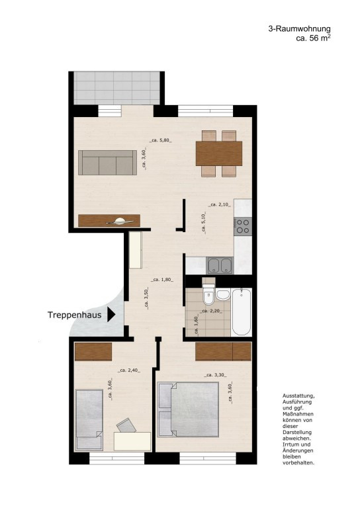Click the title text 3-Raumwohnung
pyautogui.click(x=299, y=28)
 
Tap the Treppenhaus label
pyautogui.click(x=74, y=316)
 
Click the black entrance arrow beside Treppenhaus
pyautogui.click(x=112, y=316)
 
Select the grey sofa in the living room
pyautogui.click(x=107, y=161)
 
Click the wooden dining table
pyautogui.click(x=218, y=153)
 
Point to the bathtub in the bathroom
pyautogui.click(x=242, y=312)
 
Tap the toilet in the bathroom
pyautogui.click(x=208, y=295)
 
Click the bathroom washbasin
pyautogui.click(x=224, y=293)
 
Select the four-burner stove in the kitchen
pyautogui.click(x=243, y=226)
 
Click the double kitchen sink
pyautogui.click(x=220, y=266)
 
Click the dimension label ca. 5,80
pyautogui.click(x=161, y=140)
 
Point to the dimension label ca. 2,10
pyautogui.click(x=218, y=205)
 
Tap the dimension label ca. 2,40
pyautogui.click(x=129, y=370)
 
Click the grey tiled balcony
pyautogui.click(x=116, y=87)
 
